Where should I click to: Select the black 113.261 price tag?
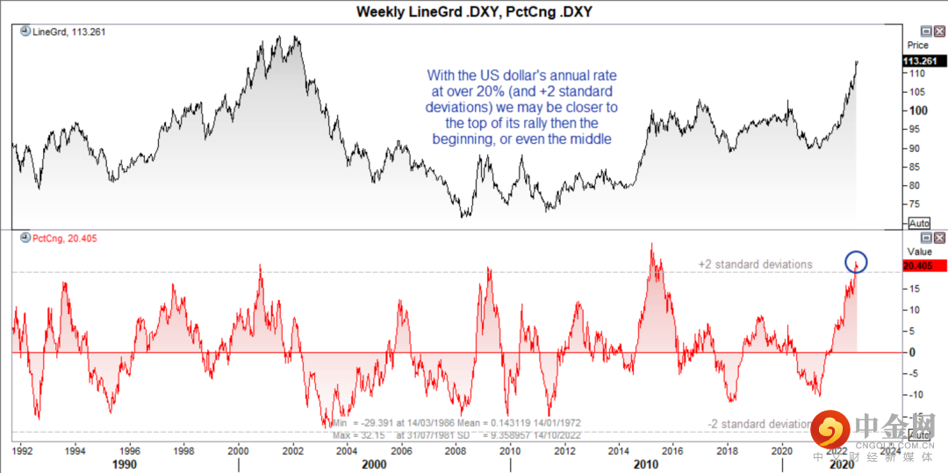925,61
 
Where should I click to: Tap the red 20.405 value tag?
925,265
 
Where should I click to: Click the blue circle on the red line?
856,262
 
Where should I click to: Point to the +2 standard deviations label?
755,264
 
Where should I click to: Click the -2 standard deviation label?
759,425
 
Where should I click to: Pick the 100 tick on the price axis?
917,111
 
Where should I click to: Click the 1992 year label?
23,451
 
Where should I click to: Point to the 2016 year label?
671,451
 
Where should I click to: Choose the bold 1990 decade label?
124,464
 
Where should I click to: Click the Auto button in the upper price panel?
919,223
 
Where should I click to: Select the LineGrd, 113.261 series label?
63,32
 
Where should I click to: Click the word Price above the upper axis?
917,45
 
